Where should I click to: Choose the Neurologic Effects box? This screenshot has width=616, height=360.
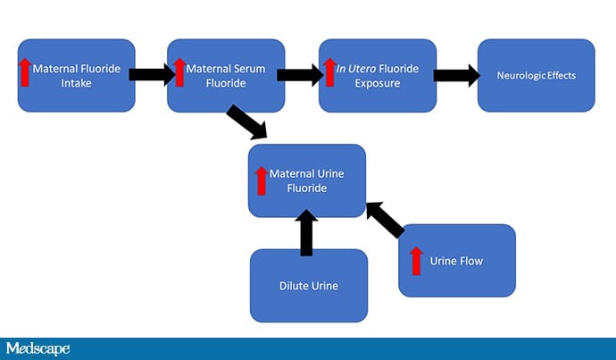click(x=536, y=75)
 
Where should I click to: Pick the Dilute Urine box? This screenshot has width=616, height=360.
click(x=308, y=286)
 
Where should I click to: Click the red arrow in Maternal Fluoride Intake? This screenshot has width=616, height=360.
click(x=25, y=71)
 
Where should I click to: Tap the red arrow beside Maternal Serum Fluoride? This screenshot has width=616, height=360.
click(x=179, y=71)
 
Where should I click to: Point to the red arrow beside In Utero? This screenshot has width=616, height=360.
click(x=329, y=71)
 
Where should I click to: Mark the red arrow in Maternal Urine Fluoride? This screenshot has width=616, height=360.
click(x=262, y=180)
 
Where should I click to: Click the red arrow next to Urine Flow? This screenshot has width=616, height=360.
click(x=415, y=261)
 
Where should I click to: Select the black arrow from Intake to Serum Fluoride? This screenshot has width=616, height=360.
click(x=150, y=75)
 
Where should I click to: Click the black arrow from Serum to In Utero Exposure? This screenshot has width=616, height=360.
click(x=300, y=75)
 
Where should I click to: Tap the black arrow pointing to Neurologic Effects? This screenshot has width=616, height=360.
click(x=455, y=75)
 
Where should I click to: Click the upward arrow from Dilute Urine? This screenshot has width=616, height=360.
click(x=306, y=232)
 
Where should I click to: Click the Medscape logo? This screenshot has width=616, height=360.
click(x=37, y=348)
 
